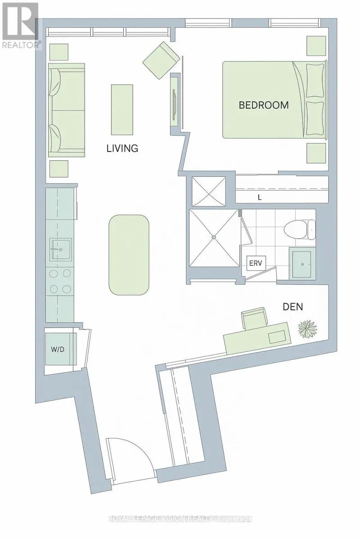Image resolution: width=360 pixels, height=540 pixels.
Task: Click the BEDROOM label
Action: [264, 105]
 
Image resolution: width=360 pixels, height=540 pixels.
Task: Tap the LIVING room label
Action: [122, 148]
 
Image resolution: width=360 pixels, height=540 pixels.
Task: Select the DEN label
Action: [293, 307]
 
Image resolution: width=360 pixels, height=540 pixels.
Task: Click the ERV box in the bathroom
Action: [256, 263]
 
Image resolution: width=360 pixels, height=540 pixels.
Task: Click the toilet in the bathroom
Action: [300, 229]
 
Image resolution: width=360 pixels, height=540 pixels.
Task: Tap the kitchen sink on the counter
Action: [60, 249]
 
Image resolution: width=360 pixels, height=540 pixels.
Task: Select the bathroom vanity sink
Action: [302, 264]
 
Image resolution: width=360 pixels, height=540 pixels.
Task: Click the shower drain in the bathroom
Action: [214, 238]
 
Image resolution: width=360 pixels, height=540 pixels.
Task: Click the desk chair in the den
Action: [255, 319]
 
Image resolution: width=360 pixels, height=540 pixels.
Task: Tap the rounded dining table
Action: [129, 255]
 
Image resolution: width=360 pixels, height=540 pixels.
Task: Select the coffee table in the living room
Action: [122, 110]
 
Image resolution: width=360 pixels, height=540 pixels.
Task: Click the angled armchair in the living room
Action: [161, 60]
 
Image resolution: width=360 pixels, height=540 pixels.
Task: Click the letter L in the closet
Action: [260, 198]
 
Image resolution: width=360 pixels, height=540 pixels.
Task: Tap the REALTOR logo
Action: [19, 25]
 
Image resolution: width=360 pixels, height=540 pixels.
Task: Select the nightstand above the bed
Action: [316, 45]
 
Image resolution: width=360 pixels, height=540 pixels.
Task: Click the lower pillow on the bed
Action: [315, 118]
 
